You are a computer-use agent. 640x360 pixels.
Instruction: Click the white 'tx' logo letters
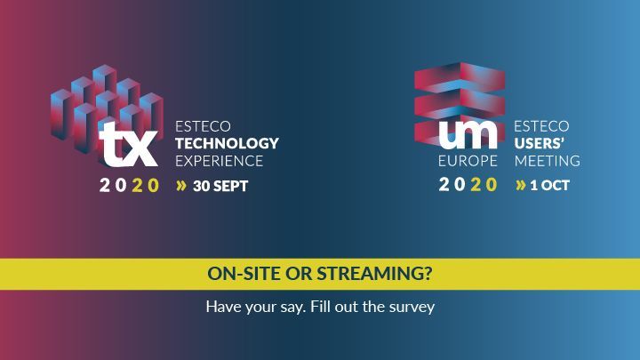point(129,144)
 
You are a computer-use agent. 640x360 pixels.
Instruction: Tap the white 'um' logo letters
point(468,134)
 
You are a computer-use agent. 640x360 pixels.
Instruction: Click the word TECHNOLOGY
point(227,143)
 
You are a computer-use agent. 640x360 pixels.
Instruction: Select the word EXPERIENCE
point(220,161)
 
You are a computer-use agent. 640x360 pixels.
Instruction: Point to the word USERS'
point(540,143)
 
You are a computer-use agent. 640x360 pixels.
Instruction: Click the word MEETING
point(548,161)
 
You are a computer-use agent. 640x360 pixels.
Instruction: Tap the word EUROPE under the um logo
point(468,161)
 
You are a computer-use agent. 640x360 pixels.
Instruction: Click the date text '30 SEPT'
point(220,186)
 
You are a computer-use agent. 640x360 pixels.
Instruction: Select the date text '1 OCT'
point(550,186)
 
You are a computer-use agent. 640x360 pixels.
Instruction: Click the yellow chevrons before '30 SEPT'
point(181,186)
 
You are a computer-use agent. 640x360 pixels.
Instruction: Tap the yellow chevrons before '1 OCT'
point(520,185)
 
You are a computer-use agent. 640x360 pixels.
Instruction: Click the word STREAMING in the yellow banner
point(370,274)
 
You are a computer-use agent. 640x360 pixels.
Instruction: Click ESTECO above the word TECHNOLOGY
point(203,126)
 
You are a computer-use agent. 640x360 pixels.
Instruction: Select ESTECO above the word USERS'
point(541,126)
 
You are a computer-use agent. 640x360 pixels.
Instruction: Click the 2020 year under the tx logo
point(129,185)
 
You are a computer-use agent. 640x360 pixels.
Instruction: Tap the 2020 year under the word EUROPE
point(468,185)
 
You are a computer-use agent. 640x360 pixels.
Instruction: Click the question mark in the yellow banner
point(428,274)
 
